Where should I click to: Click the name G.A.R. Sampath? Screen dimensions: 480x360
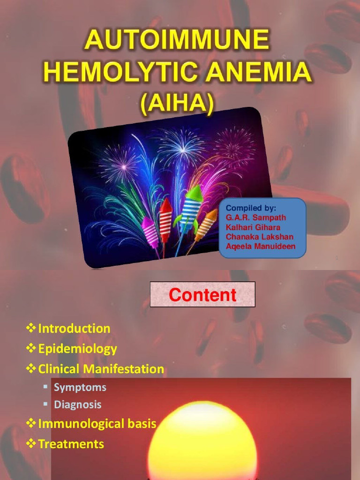(x=255, y=217)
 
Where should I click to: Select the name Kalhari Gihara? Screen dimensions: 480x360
(x=253, y=227)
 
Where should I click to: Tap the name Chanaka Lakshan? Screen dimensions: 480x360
(x=259, y=237)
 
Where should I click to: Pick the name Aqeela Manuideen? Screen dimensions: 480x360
(x=260, y=246)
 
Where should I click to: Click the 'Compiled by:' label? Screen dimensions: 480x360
(x=251, y=208)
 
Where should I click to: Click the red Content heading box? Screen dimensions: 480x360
(x=202, y=295)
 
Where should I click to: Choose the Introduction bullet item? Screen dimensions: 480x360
(x=74, y=329)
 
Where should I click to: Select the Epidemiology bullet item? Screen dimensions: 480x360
(x=77, y=349)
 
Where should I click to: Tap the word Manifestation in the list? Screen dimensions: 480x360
(x=124, y=369)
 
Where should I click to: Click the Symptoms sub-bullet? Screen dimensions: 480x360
(x=80, y=388)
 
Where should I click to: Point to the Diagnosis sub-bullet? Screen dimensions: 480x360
(x=77, y=404)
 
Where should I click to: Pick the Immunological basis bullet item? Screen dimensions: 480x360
(x=97, y=424)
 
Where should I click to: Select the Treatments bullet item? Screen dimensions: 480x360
(x=71, y=444)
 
